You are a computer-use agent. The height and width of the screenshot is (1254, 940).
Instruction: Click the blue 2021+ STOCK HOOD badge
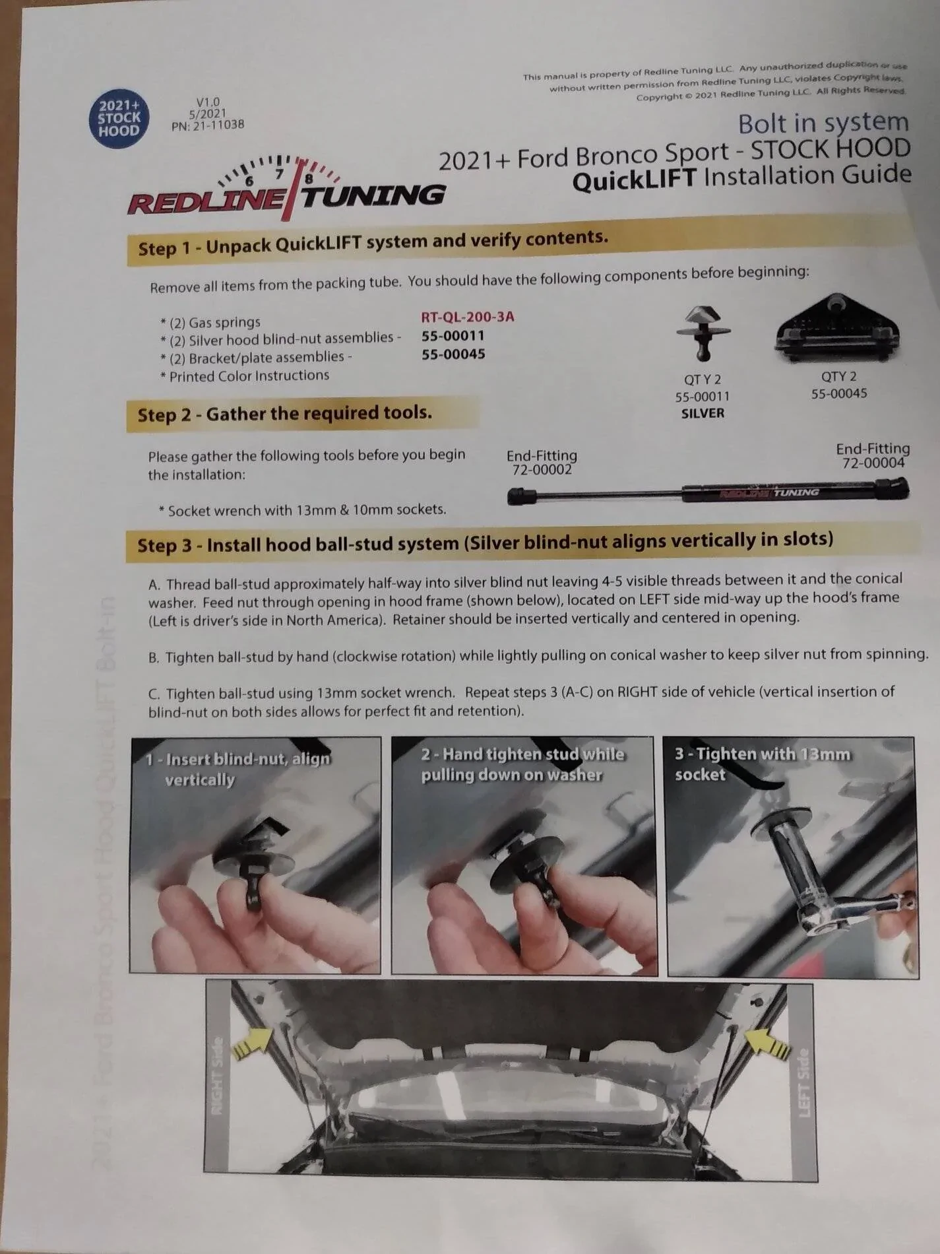(x=119, y=119)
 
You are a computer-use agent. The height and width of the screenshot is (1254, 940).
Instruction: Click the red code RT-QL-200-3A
(x=468, y=317)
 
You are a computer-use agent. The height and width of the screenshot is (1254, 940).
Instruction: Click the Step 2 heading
(x=284, y=414)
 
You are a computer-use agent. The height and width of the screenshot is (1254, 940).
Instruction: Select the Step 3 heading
(x=485, y=543)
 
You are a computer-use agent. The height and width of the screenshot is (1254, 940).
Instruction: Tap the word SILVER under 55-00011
(x=703, y=413)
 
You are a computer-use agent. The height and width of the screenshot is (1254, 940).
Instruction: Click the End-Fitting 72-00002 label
(x=542, y=462)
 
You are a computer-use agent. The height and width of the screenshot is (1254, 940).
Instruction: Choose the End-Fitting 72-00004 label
(x=873, y=455)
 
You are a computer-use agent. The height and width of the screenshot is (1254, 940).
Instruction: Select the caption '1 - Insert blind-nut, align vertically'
(x=237, y=769)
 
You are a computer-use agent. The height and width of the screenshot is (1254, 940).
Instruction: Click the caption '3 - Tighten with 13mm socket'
(x=762, y=764)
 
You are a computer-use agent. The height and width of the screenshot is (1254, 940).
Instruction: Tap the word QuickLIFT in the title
(x=634, y=180)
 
